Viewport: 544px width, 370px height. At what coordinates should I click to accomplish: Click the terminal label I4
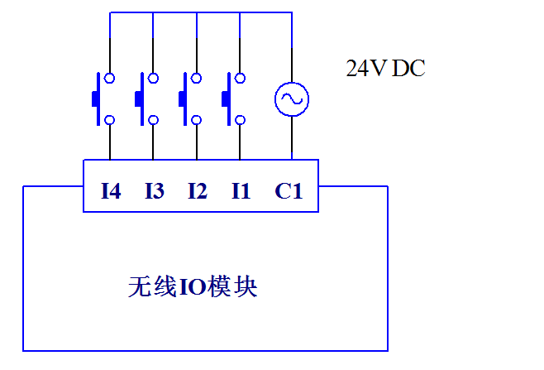click(x=111, y=191)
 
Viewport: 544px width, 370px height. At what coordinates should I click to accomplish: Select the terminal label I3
click(x=154, y=191)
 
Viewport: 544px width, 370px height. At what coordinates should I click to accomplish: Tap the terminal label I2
click(x=197, y=191)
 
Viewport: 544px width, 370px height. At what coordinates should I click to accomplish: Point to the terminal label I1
click(x=241, y=191)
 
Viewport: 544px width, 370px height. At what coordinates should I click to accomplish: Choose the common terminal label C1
click(x=289, y=191)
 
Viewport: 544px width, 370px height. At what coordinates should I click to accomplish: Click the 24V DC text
click(x=385, y=69)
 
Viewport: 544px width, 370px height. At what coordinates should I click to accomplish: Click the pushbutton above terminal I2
click(x=189, y=99)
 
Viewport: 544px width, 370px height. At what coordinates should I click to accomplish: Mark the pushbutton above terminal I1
click(x=232, y=99)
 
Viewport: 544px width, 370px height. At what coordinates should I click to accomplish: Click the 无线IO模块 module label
click(x=193, y=286)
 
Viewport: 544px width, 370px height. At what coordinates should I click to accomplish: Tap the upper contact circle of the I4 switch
click(x=110, y=79)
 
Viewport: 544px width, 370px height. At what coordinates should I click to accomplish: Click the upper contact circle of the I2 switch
click(x=197, y=79)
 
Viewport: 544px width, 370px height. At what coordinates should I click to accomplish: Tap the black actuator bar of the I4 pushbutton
click(x=95, y=99)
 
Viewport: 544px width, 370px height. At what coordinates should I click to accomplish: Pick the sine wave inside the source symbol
click(x=291, y=100)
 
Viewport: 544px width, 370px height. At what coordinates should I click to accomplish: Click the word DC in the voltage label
click(x=408, y=69)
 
